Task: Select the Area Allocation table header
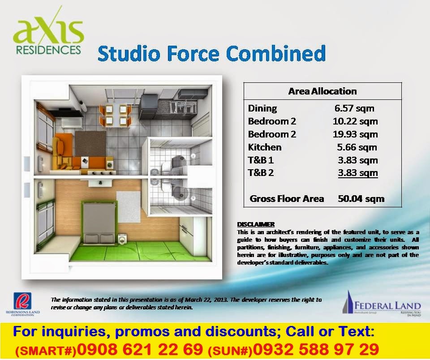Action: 322,91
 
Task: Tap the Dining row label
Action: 262,108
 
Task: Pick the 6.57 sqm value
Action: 354,108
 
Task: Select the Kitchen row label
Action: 265,147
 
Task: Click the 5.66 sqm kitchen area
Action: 357,147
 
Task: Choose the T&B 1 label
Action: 261,160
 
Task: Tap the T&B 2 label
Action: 261,173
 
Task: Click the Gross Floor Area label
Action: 287,198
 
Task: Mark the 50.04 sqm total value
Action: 361,198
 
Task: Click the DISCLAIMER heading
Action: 256,224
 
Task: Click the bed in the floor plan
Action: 99,224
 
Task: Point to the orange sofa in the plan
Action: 67,154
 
